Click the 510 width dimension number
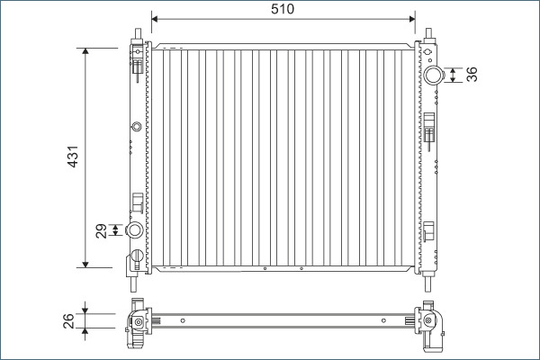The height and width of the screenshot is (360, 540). pos(283,9)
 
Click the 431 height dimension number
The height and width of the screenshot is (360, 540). pos(73,157)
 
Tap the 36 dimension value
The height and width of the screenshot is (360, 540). pos(472,75)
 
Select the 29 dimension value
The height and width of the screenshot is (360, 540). pos(101,230)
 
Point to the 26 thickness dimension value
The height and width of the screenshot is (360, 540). pos(68,320)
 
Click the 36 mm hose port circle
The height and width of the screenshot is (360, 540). pos(433,75)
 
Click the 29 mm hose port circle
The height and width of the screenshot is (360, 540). pos(134,229)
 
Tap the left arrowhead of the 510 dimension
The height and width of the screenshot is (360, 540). pos(154,19)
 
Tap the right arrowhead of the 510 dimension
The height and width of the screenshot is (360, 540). pos(412,19)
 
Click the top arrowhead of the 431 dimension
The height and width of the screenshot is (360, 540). pos(85,51)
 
